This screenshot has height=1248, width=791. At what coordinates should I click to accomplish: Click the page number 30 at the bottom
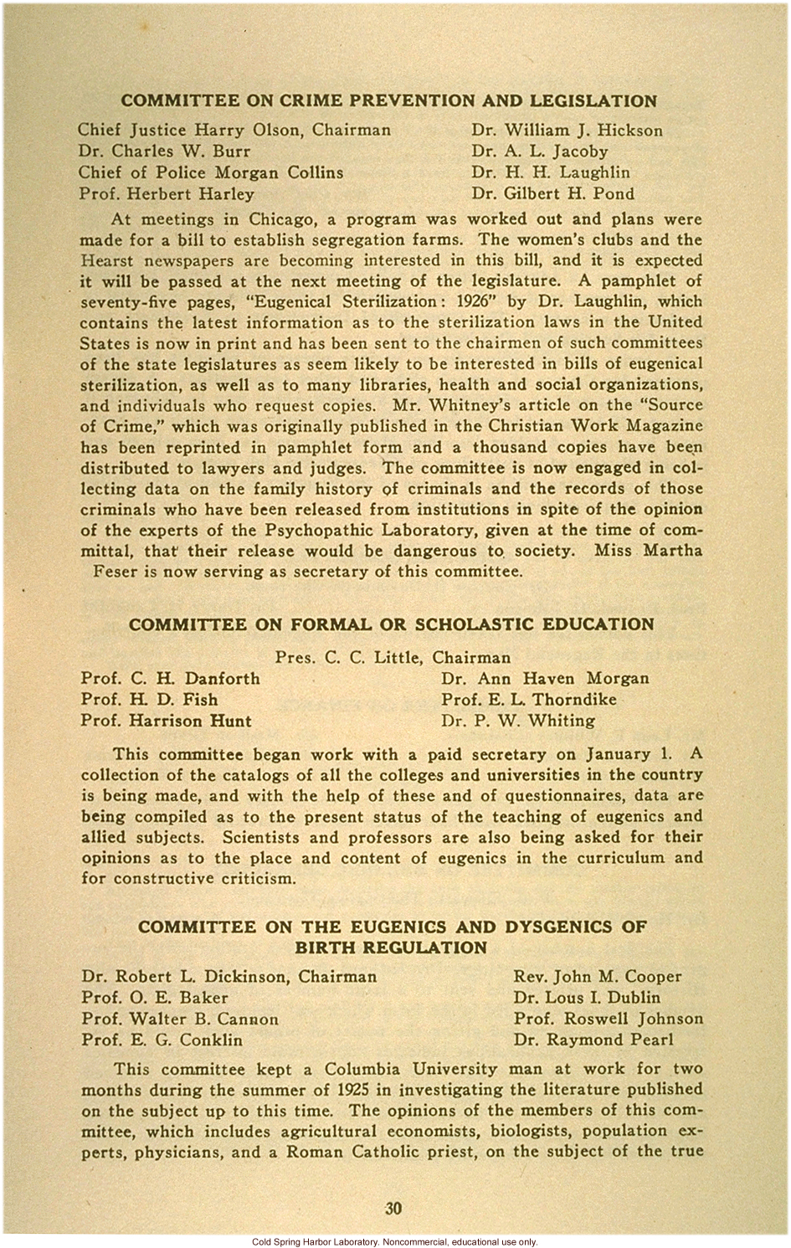393,1208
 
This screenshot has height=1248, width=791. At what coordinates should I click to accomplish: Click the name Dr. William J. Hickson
567,131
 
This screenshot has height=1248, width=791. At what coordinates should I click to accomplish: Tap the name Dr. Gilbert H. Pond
552,194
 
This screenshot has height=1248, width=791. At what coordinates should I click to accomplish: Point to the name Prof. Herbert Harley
167,194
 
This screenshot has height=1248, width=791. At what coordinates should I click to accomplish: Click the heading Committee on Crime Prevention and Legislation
389,101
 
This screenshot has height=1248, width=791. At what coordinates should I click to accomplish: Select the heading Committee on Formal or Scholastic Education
391,624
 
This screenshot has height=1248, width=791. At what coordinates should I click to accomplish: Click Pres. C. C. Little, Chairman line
393,658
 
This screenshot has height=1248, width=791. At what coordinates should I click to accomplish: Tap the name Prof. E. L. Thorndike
529,700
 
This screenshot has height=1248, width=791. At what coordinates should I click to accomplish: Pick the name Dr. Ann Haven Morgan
545,679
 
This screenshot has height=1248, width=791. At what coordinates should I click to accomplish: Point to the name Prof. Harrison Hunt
167,721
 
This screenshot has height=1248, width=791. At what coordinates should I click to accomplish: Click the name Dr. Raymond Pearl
593,1040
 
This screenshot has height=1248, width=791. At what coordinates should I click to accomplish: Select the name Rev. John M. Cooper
598,977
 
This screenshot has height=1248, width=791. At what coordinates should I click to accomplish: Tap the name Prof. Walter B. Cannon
180,1019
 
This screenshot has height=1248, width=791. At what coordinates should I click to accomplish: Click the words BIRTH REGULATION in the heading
391,948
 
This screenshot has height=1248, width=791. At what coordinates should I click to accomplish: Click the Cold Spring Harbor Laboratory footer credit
394,1242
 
